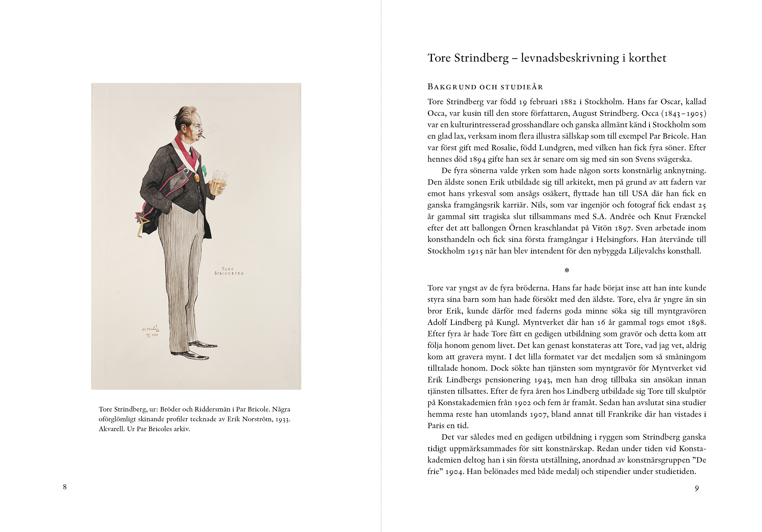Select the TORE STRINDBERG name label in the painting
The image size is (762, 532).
point(229,271)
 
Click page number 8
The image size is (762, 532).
point(65,487)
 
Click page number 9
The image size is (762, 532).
point(697,488)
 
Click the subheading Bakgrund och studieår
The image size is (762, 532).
point(485,87)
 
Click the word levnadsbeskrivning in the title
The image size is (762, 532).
point(570,58)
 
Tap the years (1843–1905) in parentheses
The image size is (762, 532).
point(684,114)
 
